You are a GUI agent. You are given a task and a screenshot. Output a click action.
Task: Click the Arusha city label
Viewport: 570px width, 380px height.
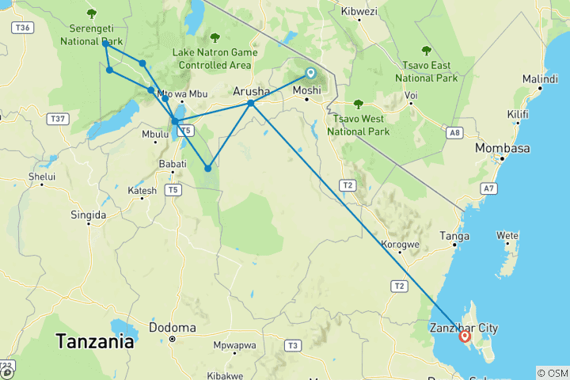click(x=251, y=91)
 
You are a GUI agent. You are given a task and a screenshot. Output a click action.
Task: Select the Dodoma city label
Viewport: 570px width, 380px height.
click(x=172, y=327)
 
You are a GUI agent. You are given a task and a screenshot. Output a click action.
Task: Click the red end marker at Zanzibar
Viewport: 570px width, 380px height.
click(x=465, y=336)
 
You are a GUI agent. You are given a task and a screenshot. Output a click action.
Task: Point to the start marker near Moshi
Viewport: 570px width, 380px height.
click(x=310, y=74)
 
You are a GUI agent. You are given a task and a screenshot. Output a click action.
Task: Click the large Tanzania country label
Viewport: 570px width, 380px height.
click(x=94, y=343)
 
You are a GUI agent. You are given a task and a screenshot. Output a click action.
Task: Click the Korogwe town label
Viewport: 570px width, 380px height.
click(x=400, y=245)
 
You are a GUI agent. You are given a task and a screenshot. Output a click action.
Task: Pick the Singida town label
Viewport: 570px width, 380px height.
click(x=88, y=215)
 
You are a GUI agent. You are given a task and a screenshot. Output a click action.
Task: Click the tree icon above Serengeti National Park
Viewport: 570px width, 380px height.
click(x=92, y=13)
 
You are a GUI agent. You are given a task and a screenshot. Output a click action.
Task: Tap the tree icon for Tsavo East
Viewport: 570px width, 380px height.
click(x=427, y=50)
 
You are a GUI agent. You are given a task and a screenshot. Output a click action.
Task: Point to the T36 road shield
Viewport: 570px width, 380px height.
click(x=24, y=28)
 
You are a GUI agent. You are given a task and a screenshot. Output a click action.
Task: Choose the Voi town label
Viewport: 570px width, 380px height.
click(x=411, y=95)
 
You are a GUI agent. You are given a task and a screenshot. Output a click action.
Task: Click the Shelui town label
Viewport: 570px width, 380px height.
click(x=41, y=177)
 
